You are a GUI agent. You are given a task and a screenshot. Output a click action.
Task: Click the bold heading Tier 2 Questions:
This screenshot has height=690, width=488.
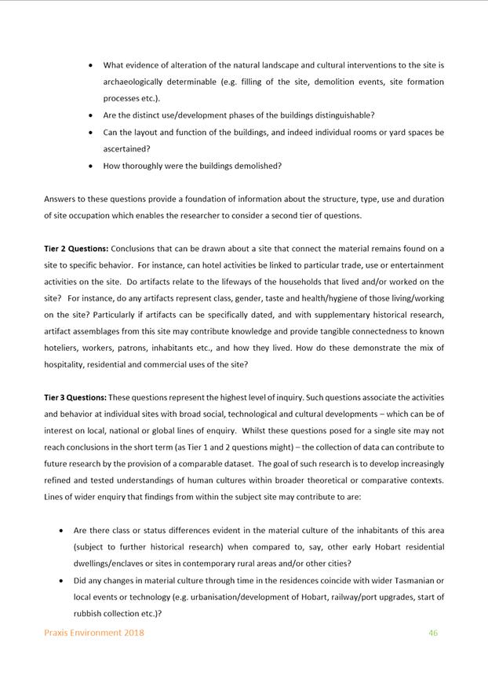coord(76,249)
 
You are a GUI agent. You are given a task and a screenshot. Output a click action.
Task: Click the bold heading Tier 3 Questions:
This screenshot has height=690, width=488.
coord(75,397)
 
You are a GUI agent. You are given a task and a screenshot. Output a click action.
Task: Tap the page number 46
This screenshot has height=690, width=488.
coord(433,633)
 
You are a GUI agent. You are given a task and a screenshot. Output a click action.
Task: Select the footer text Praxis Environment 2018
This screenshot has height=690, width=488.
coord(93,633)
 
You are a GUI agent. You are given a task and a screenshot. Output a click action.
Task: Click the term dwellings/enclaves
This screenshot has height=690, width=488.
coord(110,563)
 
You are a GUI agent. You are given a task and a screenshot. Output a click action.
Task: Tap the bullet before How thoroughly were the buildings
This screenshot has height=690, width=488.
coord(92,166)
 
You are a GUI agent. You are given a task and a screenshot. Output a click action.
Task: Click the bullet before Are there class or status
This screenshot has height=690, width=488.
coord(62,531)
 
